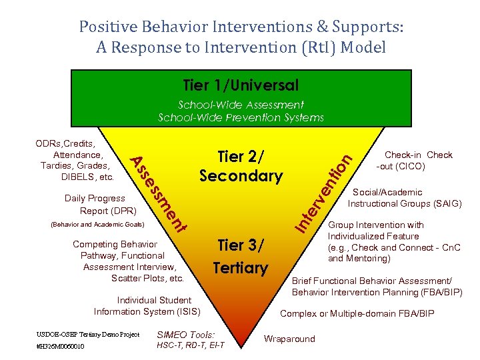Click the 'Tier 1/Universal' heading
click(x=241, y=85)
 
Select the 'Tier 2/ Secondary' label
click(x=241, y=166)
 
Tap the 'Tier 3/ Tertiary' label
click(x=240, y=256)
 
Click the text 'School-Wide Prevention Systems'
click(x=241, y=117)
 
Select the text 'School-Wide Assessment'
click(x=241, y=105)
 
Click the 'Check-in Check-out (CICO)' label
click(x=414, y=161)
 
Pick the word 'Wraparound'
click(x=289, y=339)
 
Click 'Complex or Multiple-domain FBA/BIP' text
click(x=357, y=313)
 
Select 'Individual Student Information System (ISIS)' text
click(x=147, y=306)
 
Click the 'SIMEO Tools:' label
click(x=186, y=335)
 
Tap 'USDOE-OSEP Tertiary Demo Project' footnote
click(x=87, y=333)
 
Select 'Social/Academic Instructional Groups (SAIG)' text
click(x=404, y=198)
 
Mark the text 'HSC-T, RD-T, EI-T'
click(x=190, y=345)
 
